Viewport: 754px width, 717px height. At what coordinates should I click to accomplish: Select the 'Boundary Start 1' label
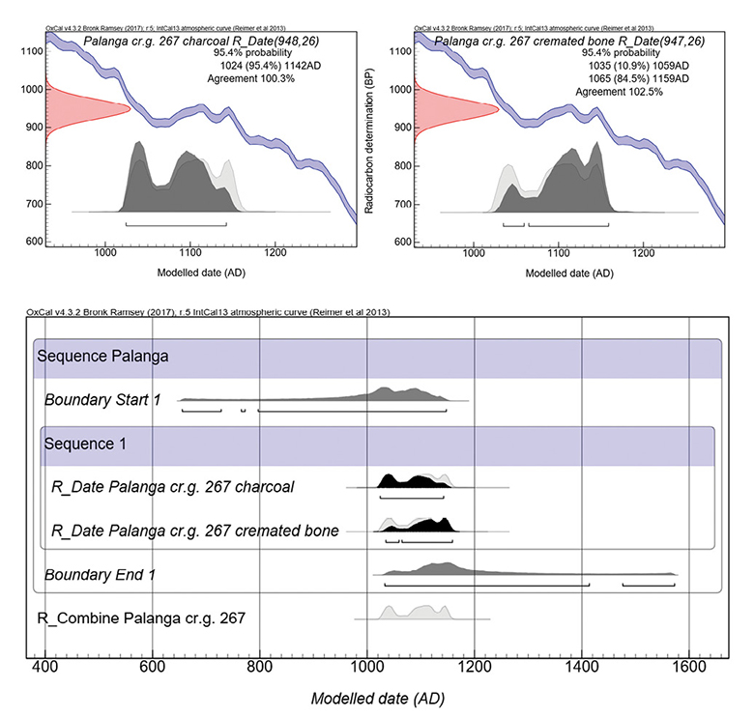[103, 399]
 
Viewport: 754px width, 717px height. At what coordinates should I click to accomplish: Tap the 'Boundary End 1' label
[101, 575]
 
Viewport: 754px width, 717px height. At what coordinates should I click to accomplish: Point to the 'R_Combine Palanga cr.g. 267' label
[142, 617]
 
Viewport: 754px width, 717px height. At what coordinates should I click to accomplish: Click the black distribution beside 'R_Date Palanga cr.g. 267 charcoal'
[416, 480]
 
